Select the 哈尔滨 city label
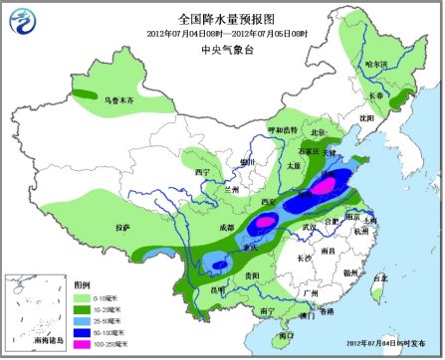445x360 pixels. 377,64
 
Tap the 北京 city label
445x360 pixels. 318,131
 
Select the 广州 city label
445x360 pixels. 311,294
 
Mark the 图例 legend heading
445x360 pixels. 83,283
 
